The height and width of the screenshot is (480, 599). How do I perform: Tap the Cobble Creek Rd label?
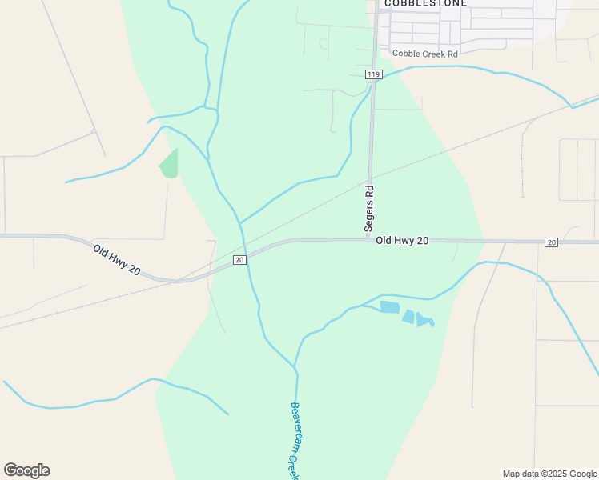(x=424, y=54)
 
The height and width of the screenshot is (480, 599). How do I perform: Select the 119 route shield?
(x=373, y=74)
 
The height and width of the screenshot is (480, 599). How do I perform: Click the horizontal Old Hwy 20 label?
(x=402, y=240)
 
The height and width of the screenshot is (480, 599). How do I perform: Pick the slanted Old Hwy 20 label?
(x=117, y=260)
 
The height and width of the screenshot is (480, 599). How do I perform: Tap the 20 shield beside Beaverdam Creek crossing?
(x=239, y=260)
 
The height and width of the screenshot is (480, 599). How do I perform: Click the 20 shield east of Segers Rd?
(x=551, y=242)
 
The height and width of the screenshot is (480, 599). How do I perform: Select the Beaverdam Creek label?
(x=294, y=440)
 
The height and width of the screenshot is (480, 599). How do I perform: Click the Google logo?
(x=26, y=470)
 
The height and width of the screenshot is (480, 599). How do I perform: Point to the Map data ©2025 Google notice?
(x=549, y=474)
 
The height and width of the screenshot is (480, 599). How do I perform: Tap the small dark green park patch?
(x=169, y=164)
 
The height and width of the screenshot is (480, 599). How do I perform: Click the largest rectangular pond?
(x=389, y=307)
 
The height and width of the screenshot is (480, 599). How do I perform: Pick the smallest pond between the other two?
(x=408, y=317)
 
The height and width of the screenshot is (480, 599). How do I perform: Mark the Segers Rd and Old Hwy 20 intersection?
(x=369, y=239)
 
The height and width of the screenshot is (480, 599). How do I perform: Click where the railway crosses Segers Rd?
(x=371, y=179)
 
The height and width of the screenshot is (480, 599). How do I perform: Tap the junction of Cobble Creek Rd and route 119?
(x=376, y=54)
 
